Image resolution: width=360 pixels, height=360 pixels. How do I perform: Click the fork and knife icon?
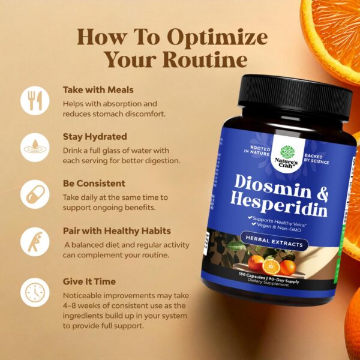(x=35, y=101)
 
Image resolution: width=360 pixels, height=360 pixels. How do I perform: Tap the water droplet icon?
(x=35, y=148)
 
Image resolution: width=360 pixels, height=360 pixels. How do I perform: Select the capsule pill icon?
(x=35, y=194)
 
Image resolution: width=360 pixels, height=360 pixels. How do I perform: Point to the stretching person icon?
(x=35, y=242)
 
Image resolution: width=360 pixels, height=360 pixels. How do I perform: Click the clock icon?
(x=35, y=292)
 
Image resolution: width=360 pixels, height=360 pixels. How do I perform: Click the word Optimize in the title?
(x=217, y=38)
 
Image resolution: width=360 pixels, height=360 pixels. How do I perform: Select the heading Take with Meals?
(x=98, y=90)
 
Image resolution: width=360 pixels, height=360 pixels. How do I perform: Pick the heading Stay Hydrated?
(x=95, y=137)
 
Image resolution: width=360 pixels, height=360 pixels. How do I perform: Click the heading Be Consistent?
(x=94, y=184)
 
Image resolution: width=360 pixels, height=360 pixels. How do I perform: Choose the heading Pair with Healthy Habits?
(x=117, y=231)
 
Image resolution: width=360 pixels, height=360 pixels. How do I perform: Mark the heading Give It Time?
(x=89, y=281)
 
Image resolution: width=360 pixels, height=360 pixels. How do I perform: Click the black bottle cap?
(x=295, y=97)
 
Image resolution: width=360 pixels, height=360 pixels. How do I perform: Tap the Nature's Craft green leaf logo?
(x=287, y=152)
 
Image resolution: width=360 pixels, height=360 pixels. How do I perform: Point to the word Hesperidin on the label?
(x=279, y=205)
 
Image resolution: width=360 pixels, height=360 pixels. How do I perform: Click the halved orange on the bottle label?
(x=271, y=267)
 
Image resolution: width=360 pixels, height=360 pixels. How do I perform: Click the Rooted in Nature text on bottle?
(x=257, y=151)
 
